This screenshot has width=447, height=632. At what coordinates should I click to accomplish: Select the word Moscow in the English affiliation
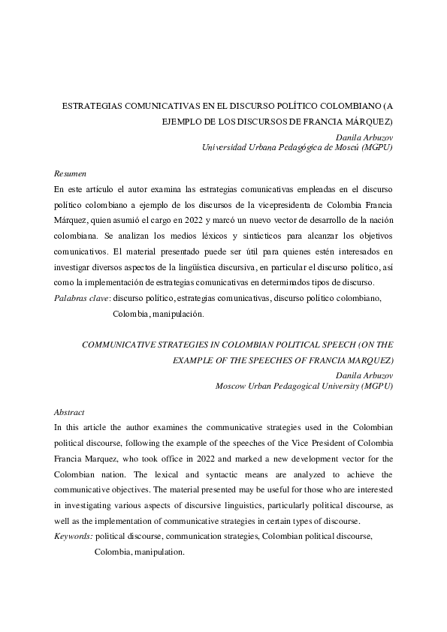(x=231, y=386)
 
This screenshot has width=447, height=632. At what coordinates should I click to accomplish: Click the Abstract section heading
(x=69, y=413)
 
